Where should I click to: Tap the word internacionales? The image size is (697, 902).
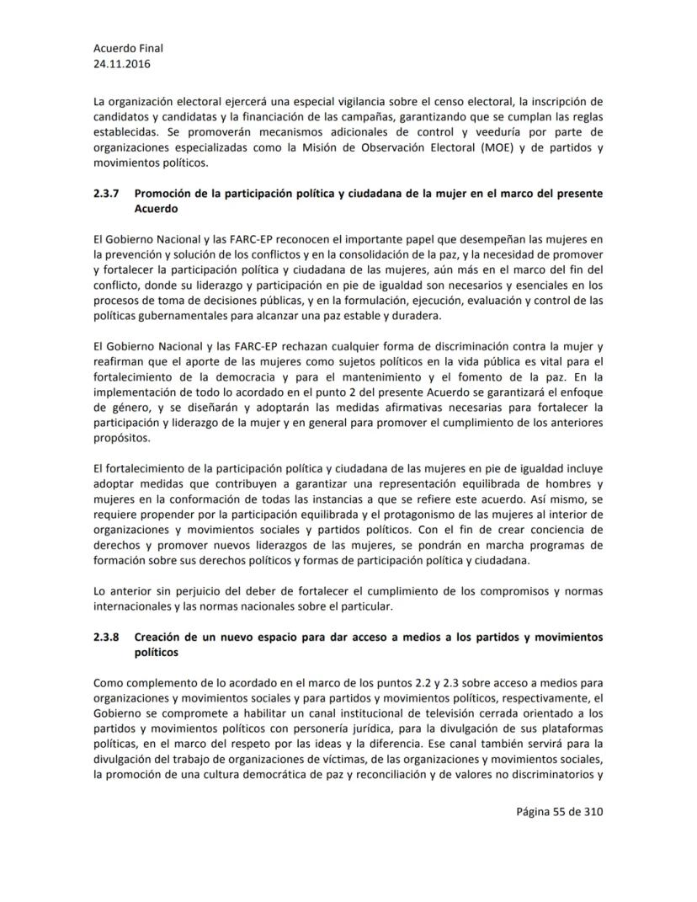click(x=131, y=605)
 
